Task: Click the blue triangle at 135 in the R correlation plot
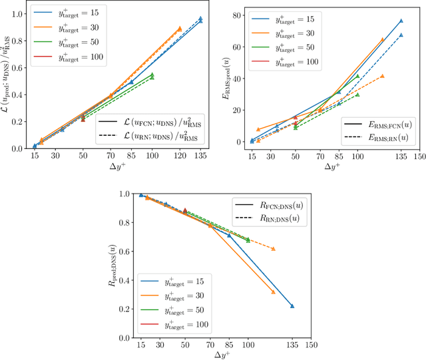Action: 292,306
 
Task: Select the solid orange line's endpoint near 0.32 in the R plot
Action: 274,291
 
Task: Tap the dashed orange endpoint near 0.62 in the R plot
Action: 274,249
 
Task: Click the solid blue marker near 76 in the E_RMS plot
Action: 401,21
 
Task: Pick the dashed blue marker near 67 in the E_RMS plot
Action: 401,35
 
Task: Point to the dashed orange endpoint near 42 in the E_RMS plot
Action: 383,76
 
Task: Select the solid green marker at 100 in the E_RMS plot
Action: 357,76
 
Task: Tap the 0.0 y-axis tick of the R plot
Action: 124,338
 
